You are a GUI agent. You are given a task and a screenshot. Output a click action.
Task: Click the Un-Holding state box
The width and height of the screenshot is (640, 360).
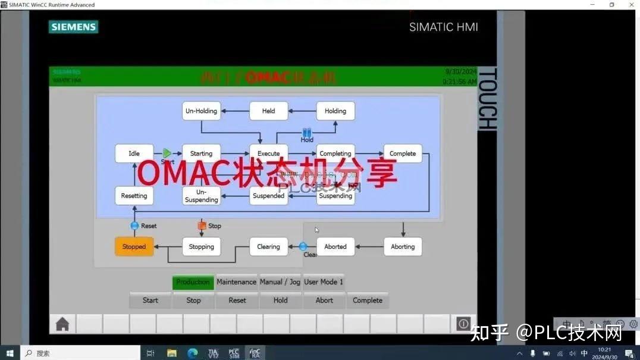tap(201, 111)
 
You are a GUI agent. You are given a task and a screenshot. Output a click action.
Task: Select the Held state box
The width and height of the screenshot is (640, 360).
tap(268, 111)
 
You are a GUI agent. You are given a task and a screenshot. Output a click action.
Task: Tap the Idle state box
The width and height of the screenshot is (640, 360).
tap(134, 154)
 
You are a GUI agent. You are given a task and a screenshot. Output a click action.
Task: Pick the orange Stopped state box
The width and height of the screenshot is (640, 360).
tap(134, 247)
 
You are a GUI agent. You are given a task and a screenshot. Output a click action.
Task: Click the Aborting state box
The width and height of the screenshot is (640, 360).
tap(403, 247)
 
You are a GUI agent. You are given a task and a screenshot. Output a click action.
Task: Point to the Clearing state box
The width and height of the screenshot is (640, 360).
tap(268, 247)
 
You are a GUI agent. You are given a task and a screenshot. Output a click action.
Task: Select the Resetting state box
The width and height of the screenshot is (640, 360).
tap(134, 196)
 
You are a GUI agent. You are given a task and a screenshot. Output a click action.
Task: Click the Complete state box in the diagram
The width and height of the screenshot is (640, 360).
tap(403, 154)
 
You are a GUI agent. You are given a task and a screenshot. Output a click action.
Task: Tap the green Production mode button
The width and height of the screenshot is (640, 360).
tap(193, 282)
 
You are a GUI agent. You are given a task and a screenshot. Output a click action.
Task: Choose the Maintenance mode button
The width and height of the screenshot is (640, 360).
tap(236, 282)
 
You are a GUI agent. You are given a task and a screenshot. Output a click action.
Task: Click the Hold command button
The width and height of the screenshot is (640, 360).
tap(281, 300)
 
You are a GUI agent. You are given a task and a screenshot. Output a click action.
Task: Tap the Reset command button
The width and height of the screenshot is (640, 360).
tap(237, 300)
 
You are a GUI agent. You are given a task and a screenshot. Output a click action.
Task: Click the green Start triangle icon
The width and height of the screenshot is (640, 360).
tap(167, 154)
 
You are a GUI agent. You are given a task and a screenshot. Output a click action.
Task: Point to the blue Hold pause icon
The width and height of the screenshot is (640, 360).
tap(307, 133)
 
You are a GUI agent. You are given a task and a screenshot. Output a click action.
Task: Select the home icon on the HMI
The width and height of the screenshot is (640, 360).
tap(62, 324)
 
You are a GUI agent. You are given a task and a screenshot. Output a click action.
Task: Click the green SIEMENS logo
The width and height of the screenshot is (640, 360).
tap(74, 27)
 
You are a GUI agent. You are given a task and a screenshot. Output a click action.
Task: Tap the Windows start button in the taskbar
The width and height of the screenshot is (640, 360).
tap(10, 353)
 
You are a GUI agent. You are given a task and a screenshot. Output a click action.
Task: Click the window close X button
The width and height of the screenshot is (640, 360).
tap(630, 5)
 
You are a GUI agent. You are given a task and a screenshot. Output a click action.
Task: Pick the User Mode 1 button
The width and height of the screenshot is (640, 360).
tap(324, 282)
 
